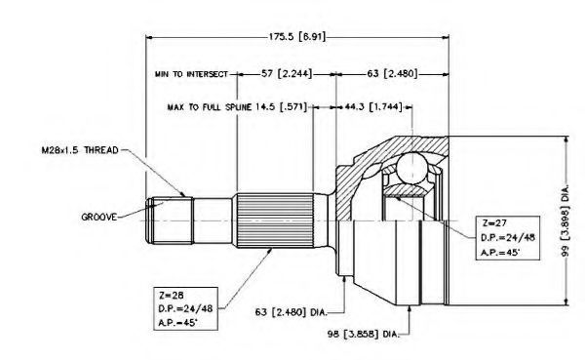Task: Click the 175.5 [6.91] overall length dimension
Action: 297,37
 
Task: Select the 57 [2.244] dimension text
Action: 286,73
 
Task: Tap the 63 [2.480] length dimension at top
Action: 392,73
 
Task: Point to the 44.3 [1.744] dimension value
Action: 373,107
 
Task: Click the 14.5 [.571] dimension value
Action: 281,107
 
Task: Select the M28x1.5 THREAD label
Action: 80,150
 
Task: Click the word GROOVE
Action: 99,217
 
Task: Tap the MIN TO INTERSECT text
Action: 191,74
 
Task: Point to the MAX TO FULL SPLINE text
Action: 210,107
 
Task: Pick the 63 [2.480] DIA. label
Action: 291,312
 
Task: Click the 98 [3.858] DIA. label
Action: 364,334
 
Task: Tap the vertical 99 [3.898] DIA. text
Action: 565,220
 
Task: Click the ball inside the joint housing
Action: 411,169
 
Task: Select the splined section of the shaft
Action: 275,220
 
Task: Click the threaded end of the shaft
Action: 169,220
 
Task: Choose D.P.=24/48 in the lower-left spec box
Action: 185,309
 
